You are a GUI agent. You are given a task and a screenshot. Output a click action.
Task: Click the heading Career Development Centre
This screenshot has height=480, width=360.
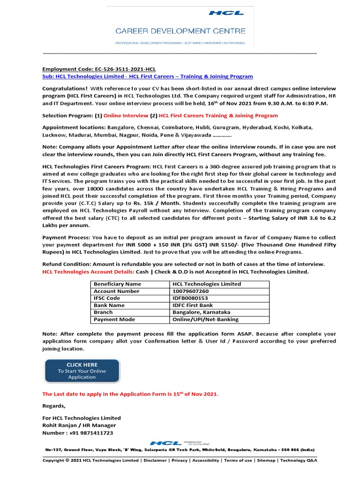click(x=180, y=31)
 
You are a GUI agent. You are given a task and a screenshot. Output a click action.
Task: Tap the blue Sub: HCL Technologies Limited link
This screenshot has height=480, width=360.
click(x=148, y=76)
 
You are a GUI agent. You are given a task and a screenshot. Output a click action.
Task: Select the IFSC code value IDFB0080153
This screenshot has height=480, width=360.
click(x=190, y=298)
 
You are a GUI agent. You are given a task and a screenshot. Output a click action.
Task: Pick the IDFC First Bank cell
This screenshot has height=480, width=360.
click(x=193, y=305)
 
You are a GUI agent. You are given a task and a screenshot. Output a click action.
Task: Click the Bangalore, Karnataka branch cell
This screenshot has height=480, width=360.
click(x=202, y=312)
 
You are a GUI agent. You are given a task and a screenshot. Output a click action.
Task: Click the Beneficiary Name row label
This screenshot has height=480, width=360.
click(x=117, y=284)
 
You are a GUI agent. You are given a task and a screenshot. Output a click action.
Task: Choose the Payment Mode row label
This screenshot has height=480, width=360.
click(x=114, y=319)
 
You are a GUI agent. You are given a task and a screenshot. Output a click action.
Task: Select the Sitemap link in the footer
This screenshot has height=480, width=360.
click(x=265, y=460)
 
